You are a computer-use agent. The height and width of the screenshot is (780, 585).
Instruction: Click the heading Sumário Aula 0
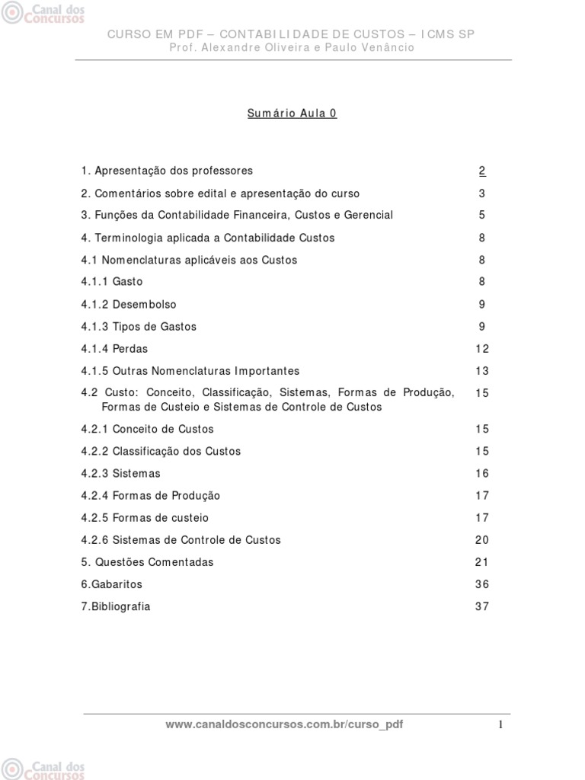(292, 113)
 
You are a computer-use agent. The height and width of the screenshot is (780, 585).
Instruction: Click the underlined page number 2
(482, 171)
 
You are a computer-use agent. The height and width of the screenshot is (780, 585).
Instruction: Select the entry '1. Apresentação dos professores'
(167, 171)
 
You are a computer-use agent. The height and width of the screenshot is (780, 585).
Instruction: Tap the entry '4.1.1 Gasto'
(112, 282)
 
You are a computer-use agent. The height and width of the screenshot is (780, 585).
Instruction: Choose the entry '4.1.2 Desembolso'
(129, 304)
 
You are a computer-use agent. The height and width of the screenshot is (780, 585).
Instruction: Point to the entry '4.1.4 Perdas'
(114, 349)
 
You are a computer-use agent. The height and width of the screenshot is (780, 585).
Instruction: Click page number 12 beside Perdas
(482, 349)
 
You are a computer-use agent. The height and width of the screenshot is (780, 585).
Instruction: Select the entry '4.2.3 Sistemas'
(121, 473)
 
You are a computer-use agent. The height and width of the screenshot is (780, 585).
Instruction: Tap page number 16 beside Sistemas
(482, 473)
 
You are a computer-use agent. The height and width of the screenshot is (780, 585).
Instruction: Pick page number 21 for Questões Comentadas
(482, 562)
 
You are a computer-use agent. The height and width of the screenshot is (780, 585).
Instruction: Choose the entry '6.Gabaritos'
(112, 584)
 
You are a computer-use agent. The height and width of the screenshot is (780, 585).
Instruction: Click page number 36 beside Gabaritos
(482, 584)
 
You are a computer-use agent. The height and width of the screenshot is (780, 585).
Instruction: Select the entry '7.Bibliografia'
(116, 606)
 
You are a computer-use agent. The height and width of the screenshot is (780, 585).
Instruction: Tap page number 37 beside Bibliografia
(482, 606)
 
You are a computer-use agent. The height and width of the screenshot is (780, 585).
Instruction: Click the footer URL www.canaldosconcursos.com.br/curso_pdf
(284, 724)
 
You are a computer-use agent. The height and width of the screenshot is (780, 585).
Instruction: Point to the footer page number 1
(500, 725)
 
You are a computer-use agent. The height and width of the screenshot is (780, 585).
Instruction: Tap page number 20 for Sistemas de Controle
(482, 540)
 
